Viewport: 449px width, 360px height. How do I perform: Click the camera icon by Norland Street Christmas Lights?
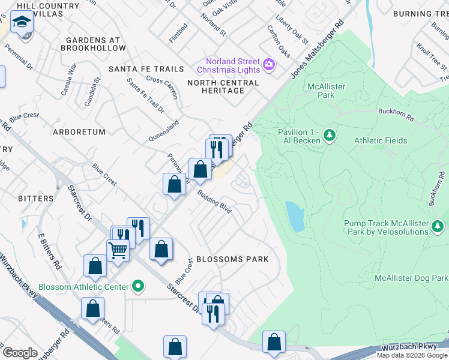pos(269,64)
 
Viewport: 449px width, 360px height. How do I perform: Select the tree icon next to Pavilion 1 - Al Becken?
pos(329,136)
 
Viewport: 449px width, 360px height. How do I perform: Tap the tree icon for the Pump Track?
pos(438,226)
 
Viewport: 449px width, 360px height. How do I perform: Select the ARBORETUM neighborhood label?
pos(79,132)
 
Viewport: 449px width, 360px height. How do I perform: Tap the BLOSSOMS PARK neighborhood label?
pos(232,259)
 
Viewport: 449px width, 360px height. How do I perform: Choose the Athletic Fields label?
pos(381,141)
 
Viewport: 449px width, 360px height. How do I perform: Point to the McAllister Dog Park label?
pos(411,278)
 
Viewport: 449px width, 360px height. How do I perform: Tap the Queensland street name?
pos(164,131)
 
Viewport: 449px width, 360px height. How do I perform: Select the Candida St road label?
pos(92,90)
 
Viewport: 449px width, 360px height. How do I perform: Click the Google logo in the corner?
pos(20,353)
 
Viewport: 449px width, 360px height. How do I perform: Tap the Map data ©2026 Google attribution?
pos(411,355)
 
